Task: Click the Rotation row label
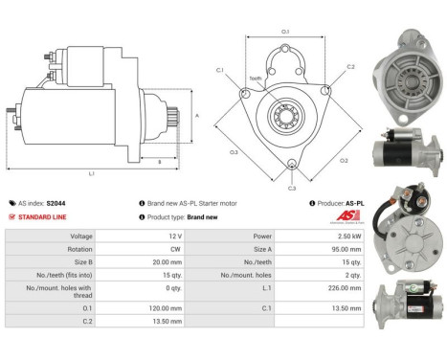pyautogui.click(x=80, y=248)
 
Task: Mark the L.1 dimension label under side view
pyautogui.click(x=91, y=172)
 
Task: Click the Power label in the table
pyautogui.click(x=261, y=236)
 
